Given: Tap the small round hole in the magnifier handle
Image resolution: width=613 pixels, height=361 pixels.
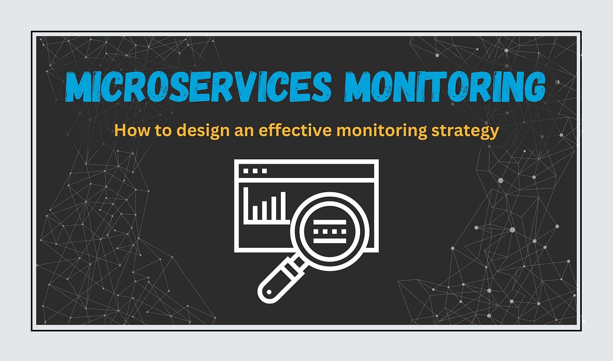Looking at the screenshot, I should pyautogui.click(x=269, y=291).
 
